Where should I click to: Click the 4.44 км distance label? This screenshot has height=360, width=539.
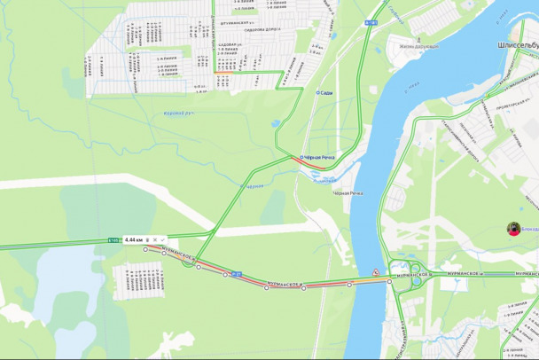[x=134, y=239]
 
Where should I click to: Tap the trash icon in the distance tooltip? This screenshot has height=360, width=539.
[x=147, y=239]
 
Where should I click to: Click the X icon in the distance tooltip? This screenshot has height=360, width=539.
[x=155, y=239]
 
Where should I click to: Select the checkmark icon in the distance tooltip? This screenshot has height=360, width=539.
[x=163, y=239]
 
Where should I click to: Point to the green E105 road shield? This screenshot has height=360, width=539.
[x=113, y=239]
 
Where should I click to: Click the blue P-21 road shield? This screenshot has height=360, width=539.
[x=237, y=274]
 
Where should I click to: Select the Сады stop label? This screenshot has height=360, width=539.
[x=324, y=91]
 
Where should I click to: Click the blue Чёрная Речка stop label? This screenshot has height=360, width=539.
[x=318, y=157]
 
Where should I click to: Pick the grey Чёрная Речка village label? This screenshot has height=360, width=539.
[x=348, y=192]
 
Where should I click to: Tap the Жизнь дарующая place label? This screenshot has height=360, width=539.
[x=418, y=45]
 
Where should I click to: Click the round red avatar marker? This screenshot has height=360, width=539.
[x=513, y=228]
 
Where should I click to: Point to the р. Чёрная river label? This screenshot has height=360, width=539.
[x=254, y=186]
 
